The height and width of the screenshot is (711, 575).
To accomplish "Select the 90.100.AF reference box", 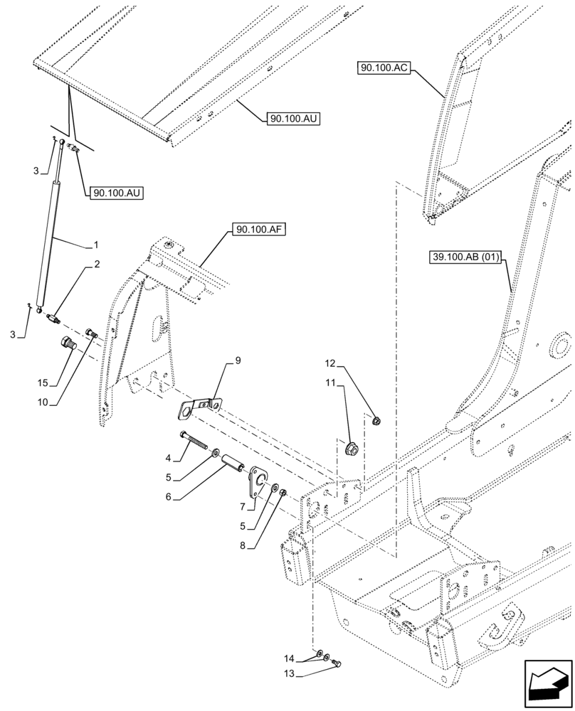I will click(257, 230).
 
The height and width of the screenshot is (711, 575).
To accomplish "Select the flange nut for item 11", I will click(351, 449).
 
